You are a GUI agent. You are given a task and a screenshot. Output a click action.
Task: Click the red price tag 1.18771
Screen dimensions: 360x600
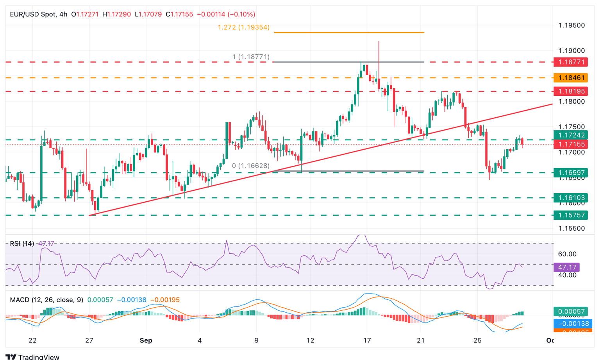coord(571,62)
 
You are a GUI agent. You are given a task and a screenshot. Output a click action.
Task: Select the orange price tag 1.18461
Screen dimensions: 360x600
coord(571,78)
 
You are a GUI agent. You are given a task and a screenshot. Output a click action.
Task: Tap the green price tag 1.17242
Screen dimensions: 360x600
coord(571,135)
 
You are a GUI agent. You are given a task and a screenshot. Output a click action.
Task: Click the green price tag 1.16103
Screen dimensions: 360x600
coord(571,198)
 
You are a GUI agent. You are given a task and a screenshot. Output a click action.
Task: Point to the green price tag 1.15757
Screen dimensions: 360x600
coord(571,215)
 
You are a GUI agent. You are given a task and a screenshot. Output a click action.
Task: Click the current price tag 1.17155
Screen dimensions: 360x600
coord(571,144)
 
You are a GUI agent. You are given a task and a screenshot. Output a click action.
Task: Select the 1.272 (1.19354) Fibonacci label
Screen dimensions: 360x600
coord(244,27)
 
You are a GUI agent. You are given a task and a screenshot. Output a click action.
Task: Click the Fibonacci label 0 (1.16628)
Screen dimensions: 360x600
coord(251,166)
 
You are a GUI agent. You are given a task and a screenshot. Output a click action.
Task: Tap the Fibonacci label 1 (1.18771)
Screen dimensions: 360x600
coord(251,57)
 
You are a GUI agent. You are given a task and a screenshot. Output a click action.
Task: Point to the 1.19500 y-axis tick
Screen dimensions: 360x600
coord(571,25)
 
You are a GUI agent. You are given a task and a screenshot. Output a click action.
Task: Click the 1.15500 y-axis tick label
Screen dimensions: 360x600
coord(571,228)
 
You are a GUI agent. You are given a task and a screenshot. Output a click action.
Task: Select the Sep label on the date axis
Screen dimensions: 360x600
coord(146,340)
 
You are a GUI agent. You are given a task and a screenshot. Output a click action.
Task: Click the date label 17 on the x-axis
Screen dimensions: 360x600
coord(366,340)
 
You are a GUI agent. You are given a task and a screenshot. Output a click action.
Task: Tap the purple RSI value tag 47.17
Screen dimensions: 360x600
coord(567,267)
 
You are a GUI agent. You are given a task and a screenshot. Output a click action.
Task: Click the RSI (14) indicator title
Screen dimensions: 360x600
coord(22,244)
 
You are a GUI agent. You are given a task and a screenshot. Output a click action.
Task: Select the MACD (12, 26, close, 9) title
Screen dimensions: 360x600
coord(46,300)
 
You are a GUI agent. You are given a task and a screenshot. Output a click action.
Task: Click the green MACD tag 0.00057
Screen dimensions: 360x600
coord(571,312)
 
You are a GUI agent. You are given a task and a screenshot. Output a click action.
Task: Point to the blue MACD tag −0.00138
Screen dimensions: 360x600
coord(571,324)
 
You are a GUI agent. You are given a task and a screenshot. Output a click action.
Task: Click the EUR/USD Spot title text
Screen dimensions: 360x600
coord(33,14)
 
